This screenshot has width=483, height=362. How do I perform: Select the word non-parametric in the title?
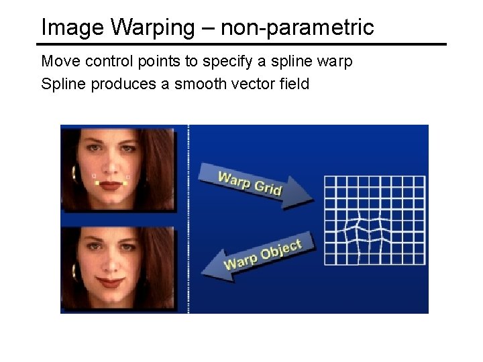[x=297, y=28]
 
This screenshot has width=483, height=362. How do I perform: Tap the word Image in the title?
[x=73, y=28]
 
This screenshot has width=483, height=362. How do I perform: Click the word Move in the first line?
[x=58, y=62]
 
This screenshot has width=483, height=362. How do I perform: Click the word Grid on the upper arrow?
[x=268, y=187]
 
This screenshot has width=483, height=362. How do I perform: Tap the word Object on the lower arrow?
[x=280, y=251]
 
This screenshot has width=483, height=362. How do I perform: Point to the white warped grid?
[x=374, y=220]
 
